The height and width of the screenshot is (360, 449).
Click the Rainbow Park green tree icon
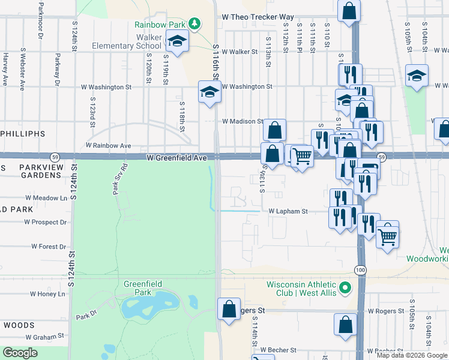pyautogui.click(x=194, y=23)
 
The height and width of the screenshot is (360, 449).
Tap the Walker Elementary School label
pyautogui.click(x=127, y=41)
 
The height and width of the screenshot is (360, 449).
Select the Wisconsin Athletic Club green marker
pyautogui.click(x=345, y=289)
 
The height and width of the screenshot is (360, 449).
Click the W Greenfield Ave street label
pyautogui.click(x=176, y=158)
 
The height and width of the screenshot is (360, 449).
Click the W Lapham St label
pyautogui.click(x=288, y=211)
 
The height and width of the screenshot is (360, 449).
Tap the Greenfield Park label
pyautogui.click(x=140, y=288)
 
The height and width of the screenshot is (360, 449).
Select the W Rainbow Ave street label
pyautogui.click(x=108, y=145)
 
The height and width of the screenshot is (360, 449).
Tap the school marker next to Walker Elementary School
pyautogui.click(x=177, y=41)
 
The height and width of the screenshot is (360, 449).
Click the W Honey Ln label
pyautogui.click(x=47, y=294)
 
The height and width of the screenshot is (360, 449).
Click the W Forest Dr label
pyautogui.click(x=49, y=246)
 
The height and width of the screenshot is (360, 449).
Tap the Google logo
pyautogui.click(x=20, y=353)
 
